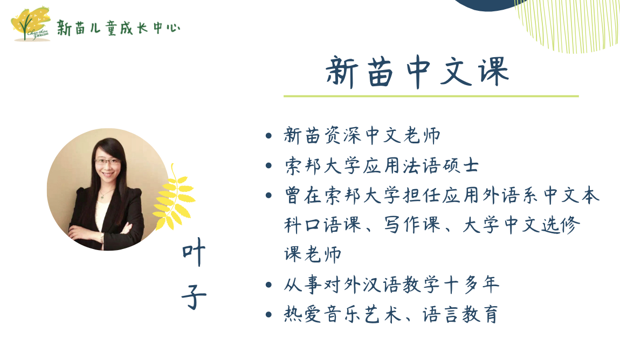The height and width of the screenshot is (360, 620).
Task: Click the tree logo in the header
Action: (30, 24)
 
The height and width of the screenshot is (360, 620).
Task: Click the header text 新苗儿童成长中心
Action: (118, 27)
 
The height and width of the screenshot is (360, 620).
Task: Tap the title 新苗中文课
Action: (417, 72)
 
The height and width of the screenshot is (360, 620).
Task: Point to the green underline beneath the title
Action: (431, 96)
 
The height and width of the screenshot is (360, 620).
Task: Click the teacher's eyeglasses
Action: (107, 161)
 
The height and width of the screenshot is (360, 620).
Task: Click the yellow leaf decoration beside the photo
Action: (173, 198)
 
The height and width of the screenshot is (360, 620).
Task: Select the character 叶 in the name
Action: (194, 252)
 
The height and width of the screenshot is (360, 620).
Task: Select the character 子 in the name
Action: (194, 296)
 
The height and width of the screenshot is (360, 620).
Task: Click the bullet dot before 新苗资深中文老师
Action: (269, 136)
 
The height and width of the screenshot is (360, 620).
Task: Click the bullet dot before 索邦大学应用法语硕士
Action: (269, 165)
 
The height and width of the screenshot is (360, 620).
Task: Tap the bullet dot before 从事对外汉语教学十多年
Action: (269, 285)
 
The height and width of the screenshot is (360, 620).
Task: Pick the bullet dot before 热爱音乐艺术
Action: (269, 315)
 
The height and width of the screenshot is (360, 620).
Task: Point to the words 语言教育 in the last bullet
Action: (460, 315)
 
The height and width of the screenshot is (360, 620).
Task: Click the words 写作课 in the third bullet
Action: (412, 225)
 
